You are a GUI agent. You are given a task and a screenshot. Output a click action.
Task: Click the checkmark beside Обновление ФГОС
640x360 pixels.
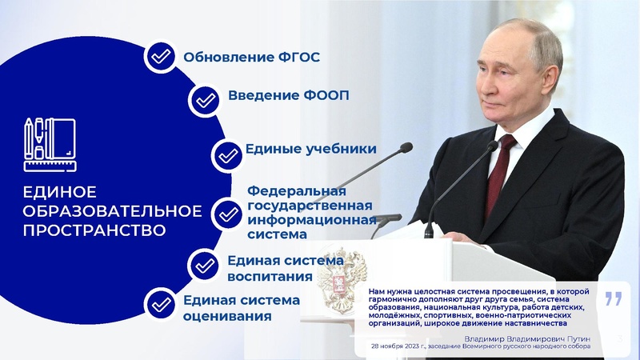tap(161, 57)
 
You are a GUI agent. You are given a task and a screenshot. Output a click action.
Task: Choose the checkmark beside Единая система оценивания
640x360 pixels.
tap(161, 304)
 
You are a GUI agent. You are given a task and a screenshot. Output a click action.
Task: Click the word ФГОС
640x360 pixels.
tap(298, 57)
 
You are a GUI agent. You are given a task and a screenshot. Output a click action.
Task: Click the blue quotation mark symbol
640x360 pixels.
tap(613, 300)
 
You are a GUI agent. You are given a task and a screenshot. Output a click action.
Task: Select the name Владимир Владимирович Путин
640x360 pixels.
tap(529, 338)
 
